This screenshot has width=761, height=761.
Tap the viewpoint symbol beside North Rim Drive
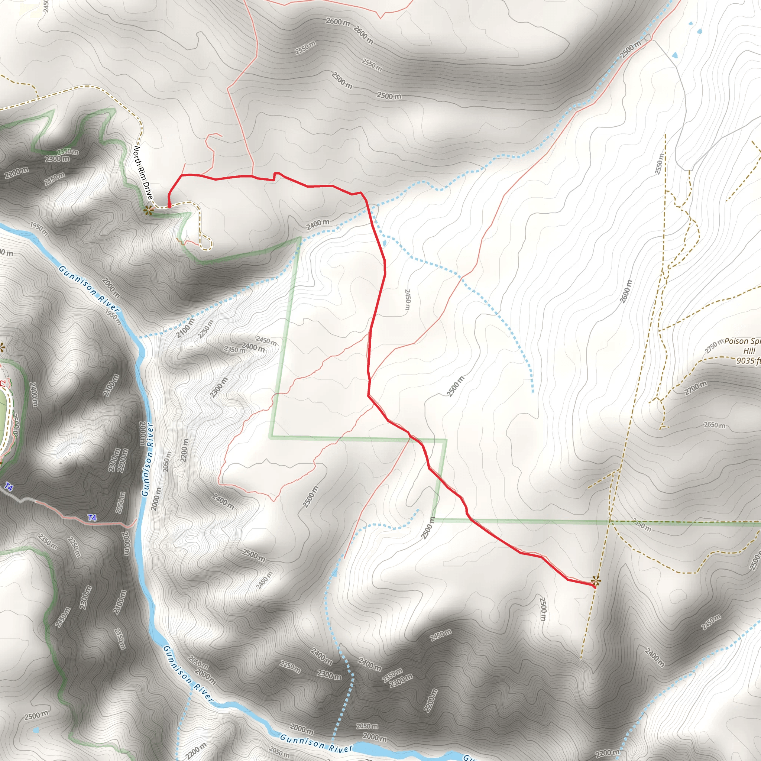148,210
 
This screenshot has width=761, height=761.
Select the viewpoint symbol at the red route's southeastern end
596,581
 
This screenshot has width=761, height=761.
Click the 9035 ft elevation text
748,360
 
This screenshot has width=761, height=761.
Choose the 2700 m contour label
696,388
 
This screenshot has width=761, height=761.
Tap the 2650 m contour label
715,425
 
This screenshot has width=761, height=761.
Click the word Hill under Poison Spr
749,351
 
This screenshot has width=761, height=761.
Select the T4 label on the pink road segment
92,518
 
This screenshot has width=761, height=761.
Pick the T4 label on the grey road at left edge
9,487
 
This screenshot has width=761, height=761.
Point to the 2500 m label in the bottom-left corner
36,715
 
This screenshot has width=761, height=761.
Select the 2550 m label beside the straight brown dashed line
659,163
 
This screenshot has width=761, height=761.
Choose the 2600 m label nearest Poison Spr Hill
626,291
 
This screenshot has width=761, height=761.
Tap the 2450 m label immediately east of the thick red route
408,300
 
